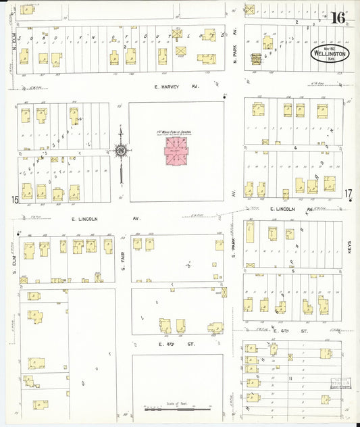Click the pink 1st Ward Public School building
pos(178,151)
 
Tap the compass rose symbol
pos(121,151)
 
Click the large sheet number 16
pos(338,18)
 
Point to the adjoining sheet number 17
pos(349,195)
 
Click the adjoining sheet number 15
pos(14,199)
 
